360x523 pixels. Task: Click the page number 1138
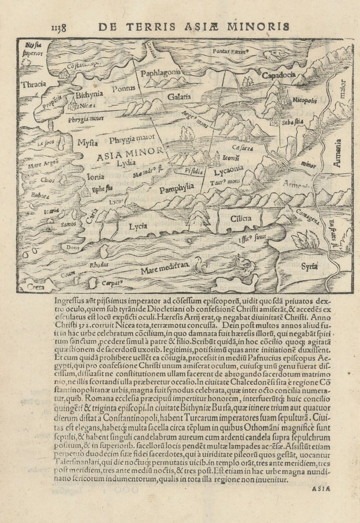[58, 28]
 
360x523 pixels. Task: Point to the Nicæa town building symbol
[75, 106]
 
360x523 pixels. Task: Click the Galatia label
[179, 97]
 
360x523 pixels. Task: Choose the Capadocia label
[279, 75]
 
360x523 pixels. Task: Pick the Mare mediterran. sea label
[165, 270]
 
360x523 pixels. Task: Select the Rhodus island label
[99, 264]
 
